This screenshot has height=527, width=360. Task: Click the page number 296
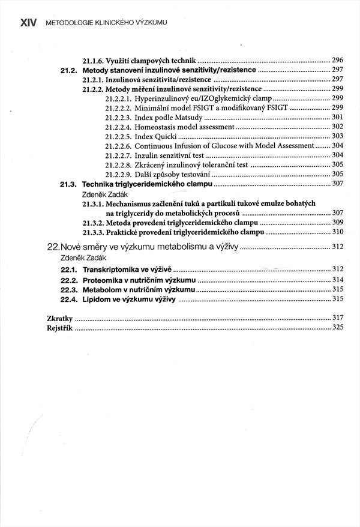337,61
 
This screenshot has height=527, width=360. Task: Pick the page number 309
337,223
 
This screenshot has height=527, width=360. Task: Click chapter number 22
53,247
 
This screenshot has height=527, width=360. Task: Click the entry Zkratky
59,318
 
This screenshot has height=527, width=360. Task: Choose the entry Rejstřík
59,327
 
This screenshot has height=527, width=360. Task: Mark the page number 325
337,327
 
